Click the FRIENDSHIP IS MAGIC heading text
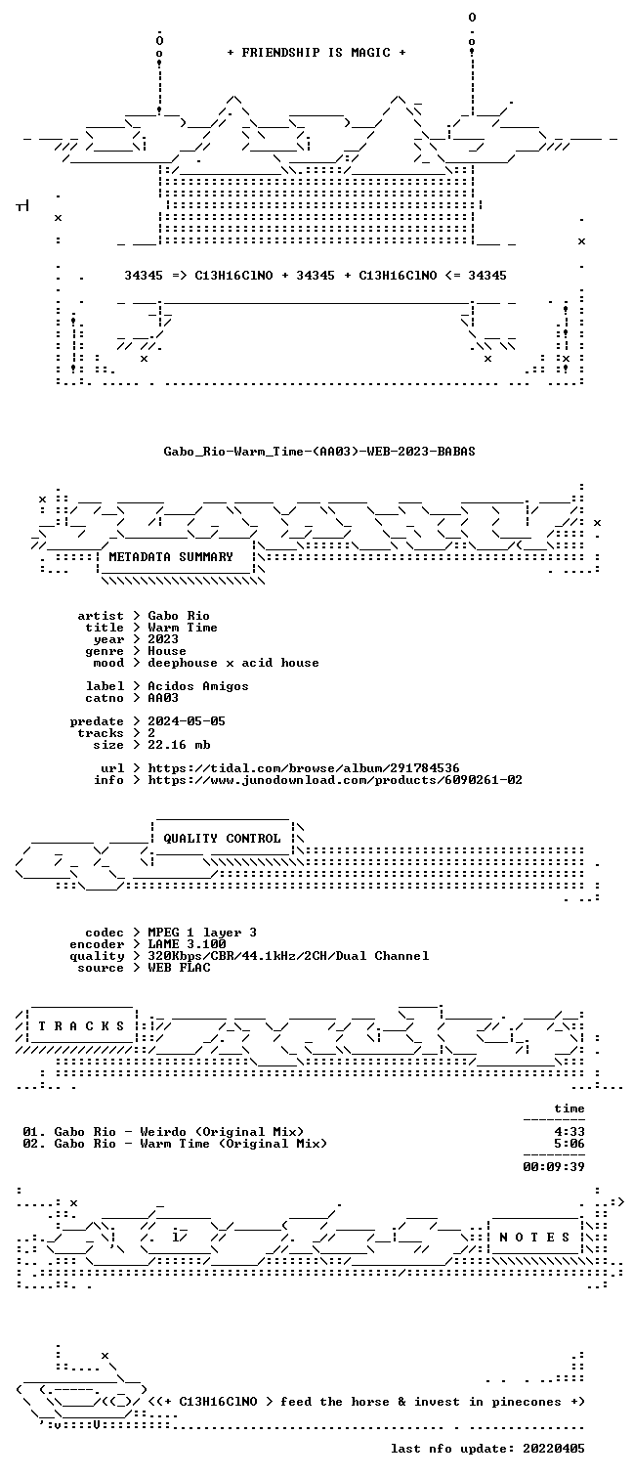316,53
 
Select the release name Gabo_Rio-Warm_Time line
319,452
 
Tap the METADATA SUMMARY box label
171,557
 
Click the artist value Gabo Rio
179,616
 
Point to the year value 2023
163,638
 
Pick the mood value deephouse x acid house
233,663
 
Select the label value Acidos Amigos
197,686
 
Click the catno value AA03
163,697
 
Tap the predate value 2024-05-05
187,721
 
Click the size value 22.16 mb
179,745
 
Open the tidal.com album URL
303,768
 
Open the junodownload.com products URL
335,780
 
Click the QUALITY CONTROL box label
222,839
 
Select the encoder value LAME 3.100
187,944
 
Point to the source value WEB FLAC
179,968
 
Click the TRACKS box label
81,1026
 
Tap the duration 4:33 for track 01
570,1132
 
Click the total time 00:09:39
554,1166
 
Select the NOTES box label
534,1238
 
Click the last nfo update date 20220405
554,1449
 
